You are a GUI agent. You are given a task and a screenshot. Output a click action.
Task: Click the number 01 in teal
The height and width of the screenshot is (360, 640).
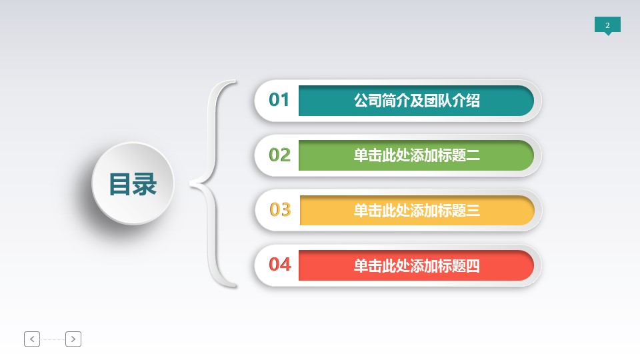(x=279, y=99)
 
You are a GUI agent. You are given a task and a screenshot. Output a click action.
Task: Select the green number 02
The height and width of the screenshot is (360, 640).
(x=279, y=155)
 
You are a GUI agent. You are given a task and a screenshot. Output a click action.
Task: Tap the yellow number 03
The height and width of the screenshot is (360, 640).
(x=280, y=210)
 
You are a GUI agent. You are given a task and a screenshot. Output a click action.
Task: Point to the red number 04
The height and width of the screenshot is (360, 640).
(x=280, y=265)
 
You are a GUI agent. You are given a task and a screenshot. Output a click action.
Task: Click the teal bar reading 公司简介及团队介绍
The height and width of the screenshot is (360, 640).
(x=416, y=101)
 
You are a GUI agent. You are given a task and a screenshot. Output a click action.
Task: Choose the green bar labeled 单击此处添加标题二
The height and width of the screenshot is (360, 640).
(x=416, y=155)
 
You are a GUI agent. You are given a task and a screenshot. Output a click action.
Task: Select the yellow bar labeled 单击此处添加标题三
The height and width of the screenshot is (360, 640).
(x=417, y=210)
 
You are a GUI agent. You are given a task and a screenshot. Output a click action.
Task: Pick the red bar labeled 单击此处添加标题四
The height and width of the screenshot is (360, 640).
(x=416, y=265)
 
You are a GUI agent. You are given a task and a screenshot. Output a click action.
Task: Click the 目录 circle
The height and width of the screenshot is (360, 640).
(x=133, y=183)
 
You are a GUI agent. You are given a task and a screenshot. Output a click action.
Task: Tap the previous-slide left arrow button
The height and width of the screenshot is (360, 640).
(x=32, y=339)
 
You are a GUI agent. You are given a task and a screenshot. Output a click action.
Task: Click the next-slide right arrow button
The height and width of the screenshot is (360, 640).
(x=73, y=339)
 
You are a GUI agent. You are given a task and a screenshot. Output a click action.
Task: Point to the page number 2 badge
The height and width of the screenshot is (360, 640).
(x=607, y=25)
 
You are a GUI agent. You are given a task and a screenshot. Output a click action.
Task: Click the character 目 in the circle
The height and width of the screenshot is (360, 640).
(x=120, y=184)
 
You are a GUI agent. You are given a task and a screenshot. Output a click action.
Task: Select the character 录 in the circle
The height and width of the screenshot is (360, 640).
(x=145, y=184)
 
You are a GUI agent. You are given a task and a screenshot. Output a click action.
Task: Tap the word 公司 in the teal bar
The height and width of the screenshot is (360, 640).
(x=368, y=101)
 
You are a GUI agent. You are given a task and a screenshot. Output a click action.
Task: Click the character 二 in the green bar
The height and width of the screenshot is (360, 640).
(x=473, y=155)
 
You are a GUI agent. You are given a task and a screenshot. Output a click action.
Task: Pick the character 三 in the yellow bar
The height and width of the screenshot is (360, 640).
(x=473, y=210)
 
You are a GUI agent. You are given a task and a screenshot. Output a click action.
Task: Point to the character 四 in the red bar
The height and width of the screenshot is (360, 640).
(x=473, y=266)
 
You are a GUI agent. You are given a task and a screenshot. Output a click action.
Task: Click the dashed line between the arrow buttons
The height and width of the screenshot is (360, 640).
(x=53, y=339)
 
